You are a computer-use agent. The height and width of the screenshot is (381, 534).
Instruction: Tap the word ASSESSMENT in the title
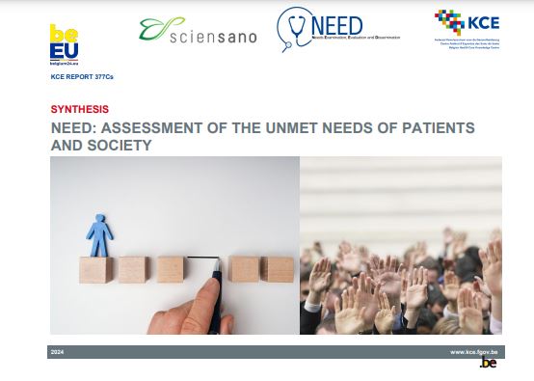coord(149,127)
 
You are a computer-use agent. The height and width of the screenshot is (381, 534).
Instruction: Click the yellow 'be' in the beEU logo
coord(64,35)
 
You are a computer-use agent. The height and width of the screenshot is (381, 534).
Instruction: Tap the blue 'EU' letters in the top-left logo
coord(64,51)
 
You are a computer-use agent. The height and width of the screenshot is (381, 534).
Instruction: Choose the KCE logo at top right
coord(466,27)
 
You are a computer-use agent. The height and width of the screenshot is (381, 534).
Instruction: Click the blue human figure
coord(98,235)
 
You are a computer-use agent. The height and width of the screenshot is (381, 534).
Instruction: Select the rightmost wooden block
coord(280,269)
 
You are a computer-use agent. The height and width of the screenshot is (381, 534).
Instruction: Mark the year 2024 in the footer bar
coord(57,352)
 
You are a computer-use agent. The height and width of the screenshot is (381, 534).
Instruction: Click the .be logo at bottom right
coord(488,365)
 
